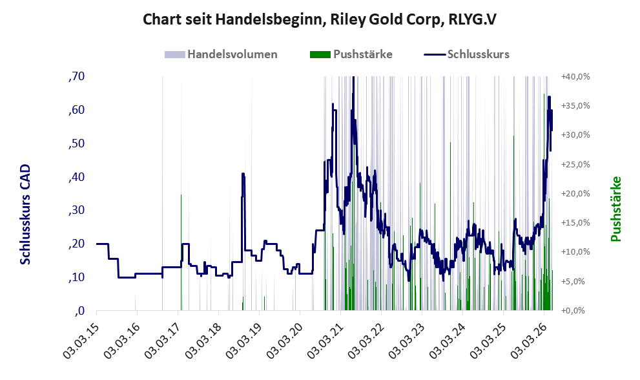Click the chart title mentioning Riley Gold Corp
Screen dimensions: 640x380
pos(320,19)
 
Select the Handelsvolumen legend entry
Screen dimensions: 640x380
pos(221,54)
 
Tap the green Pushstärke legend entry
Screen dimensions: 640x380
pos(351,54)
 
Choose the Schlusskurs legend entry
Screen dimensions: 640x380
pos(466,54)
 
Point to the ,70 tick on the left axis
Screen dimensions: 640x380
pos(77,76)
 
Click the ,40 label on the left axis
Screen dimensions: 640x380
pos(77,177)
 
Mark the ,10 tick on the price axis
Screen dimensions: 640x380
pos(77,277)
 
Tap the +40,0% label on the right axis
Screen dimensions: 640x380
pos(575,77)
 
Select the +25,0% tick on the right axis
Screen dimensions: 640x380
pos(575,164)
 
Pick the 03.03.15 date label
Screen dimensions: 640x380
pos(81,339)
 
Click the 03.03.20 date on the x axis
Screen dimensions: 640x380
pos(285,339)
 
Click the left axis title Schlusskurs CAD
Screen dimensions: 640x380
pos(25,214)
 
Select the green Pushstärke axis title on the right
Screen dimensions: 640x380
pos(615,209)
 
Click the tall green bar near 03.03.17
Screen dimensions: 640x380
pos(181,253)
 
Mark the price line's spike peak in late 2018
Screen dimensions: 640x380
pos(243,174)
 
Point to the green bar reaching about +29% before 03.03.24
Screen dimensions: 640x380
pos(450,226)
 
